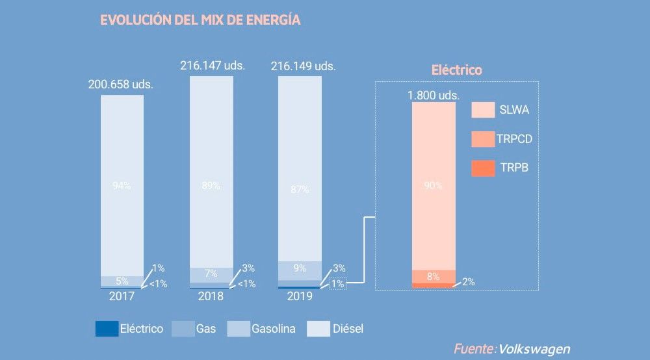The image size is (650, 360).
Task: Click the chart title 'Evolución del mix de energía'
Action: pyautogui.click(x=200, y=19)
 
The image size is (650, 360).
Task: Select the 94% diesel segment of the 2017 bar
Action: pyautogui.click(x=122, y=185)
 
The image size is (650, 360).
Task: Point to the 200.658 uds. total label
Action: pyautogui.click(x=121, y=84)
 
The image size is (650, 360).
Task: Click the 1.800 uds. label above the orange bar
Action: pyautogui.click(x=434, y=95)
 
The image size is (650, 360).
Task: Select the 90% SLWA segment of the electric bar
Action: pyautogui.click(x=434, y=185)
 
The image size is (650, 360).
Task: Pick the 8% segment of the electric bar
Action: pyautogui.click(x=434, y=277)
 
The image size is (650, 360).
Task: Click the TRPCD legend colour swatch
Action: pyautogui.click(x=483, y=139)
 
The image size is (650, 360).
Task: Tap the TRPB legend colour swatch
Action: pyautogui.click(x=483, y=168)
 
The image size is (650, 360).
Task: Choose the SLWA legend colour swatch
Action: pyautogui.click(x=483, y=110)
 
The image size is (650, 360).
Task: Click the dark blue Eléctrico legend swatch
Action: pyautogui.click(x=106, y=329)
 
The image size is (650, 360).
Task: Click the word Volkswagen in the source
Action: pyautogui.click(x=534, y=349)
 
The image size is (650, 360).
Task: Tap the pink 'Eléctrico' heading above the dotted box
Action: pyautogui.click(x=457, y=70)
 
